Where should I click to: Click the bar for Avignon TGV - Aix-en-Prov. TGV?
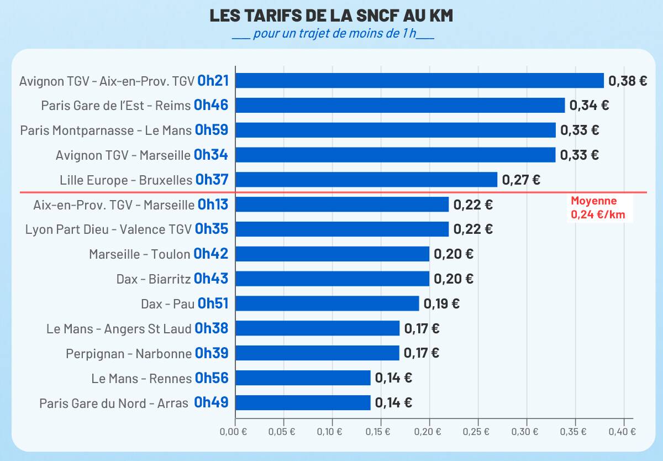419,81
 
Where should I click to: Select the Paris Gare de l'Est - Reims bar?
400,106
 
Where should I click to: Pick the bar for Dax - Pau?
327,303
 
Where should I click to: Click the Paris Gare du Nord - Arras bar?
303,402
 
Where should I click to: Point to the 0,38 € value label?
628,81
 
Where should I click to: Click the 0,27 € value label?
521,180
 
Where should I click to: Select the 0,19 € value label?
441,303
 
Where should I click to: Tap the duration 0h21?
213,81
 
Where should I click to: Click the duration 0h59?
211,130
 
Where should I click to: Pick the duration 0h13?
213,205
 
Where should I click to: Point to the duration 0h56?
212,378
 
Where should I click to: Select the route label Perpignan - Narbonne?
129,353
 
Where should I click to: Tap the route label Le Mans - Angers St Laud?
119,329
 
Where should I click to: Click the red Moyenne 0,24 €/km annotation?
598,208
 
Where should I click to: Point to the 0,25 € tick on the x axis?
478,432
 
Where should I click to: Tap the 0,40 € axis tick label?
624,432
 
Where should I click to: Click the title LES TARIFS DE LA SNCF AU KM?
331,16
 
